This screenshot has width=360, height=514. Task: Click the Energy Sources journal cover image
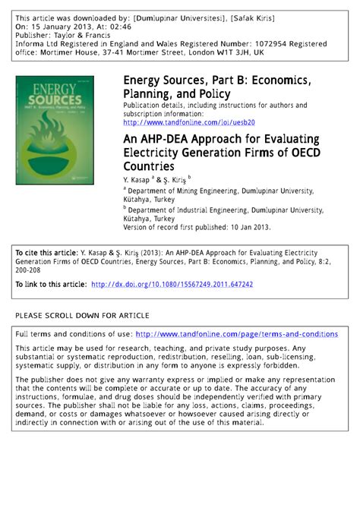(x=55, y=119)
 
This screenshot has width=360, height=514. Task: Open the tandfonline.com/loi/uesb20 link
(x=188, y=121)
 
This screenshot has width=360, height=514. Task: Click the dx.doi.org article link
(x=172, y=284)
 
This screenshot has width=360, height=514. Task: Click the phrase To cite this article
(x=44, y=250)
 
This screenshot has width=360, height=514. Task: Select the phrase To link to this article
(x=49, y=284)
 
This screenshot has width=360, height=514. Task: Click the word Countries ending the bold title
(x=148, y=165)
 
